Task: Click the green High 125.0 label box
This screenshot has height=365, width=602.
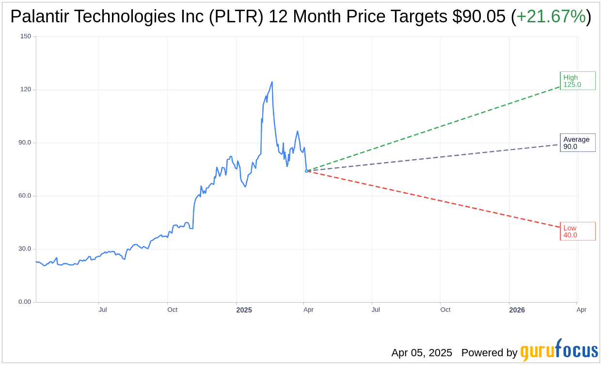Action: click(577, 81)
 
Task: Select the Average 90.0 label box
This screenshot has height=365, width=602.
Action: click(577, 143)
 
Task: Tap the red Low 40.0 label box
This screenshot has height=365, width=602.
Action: click(577, 231)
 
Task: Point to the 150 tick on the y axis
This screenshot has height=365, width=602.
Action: click(26, 36)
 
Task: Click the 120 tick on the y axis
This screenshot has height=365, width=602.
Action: click(26, 89)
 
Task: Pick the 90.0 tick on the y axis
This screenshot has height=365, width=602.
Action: click(25, 143)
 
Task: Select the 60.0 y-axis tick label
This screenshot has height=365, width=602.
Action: click(25, 196)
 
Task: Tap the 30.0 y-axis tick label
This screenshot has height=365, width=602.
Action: click(25, 249)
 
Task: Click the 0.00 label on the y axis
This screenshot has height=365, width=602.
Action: click(25, 302)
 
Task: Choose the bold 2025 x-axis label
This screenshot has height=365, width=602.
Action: click(244, 310)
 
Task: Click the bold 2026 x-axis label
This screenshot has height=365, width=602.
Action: click(517, 310)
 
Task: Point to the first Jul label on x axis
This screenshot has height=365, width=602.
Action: click(103, 310)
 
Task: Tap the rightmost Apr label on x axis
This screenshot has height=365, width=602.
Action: click(581, 310)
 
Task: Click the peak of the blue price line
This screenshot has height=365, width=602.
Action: click(272, 82)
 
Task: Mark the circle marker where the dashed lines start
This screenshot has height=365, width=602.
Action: click(306, 171)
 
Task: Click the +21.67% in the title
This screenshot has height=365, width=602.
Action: click(551, 17)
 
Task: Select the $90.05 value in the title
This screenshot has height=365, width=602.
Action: click(479, 17)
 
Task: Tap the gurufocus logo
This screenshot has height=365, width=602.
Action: click(559, 350)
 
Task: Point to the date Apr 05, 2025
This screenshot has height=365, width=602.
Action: click(422, 353)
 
